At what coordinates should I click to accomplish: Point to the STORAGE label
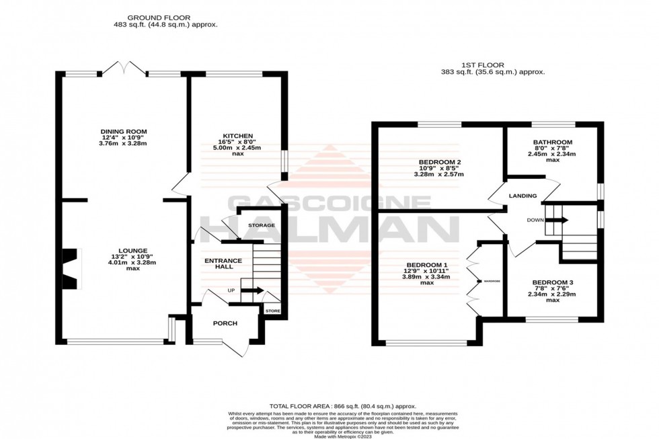pyautogui.click(x=262, y=225)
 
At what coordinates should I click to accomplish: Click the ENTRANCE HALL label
pyautogui.click(x=220, y=264)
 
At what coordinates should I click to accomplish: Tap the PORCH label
pyautogui.click(x=225, y=323)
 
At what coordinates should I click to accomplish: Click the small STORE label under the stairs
pyautogui.click(x=272, y=311)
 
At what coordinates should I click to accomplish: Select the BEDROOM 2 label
pyautogui.click(x=439, y=162)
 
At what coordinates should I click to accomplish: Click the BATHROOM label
pyautogui.click(x=552, y=143)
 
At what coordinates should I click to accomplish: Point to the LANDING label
pyautogui.click(x=522, y=196)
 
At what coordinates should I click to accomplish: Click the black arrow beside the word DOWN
pyautogui.click(x=560, y=220)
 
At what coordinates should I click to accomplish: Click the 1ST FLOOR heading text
pyautogui.click(x=493, y=65)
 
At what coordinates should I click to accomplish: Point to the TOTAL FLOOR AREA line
pyautogui.click(x=343, y=406)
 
